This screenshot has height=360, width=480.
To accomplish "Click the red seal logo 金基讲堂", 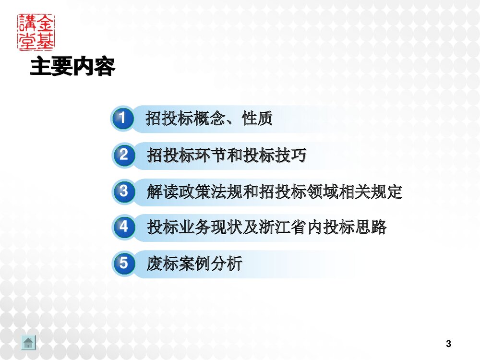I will [36, 32].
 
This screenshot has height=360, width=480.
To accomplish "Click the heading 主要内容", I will [72, 67].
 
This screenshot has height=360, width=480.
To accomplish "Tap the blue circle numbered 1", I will [123, 118].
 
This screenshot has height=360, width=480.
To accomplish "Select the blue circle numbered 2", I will [124, 155].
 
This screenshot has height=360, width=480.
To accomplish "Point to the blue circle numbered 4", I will [124, 227].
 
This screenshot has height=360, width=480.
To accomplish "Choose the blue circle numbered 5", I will [124, 263].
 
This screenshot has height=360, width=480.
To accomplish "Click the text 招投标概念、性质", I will [209, 118].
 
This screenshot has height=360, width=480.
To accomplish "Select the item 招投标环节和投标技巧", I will [227, 155].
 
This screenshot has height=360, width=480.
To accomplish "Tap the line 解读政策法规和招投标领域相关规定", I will [275, 192].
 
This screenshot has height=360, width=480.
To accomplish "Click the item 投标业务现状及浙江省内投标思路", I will [267, 227].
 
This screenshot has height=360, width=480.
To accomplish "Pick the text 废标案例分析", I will [194, 263].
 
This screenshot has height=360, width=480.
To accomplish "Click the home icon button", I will [28, 343].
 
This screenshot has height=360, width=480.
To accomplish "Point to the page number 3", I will [448, 344].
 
